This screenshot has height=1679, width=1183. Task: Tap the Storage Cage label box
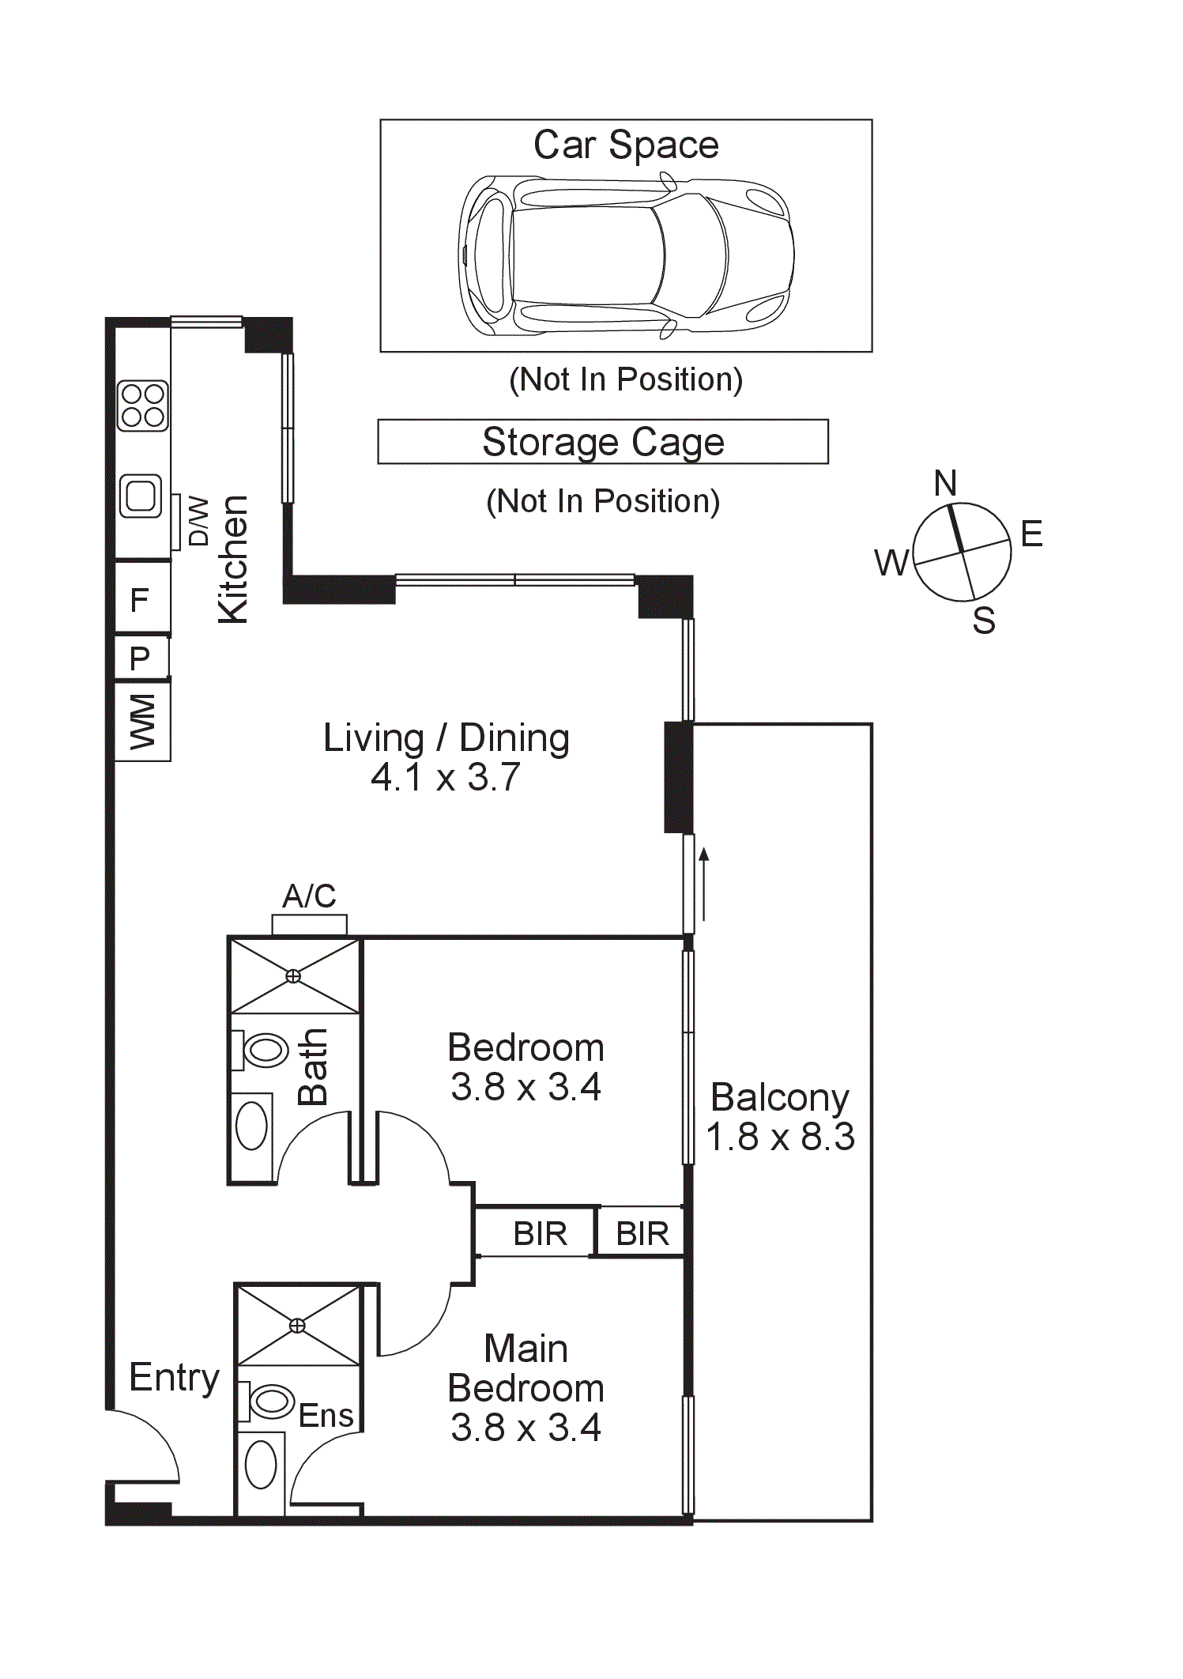click(x=603, y=441)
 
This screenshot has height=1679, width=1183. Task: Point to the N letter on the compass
click(x=945, y=483)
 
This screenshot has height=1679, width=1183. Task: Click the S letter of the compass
click(x=984, y=621)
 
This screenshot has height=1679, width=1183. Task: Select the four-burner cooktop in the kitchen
click(x=143, y=406)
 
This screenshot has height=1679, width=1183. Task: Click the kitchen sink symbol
click(x=141, y=496)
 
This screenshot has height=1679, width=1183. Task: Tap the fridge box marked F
click(x=142, y=598)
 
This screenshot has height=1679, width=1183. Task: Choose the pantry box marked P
click(x=142, y=657)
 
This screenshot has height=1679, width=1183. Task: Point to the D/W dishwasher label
click(x=198, y=522)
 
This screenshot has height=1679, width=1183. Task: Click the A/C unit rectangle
click(x=309, y=925)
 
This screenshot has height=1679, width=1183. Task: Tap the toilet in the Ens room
click(x=266, y=1401)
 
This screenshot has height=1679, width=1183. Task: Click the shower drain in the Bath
click(x=293, y=976)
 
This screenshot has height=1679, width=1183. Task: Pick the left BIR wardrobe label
click(x=541, y=1234)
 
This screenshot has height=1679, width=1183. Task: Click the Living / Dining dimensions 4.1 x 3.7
click(x=446, y=777)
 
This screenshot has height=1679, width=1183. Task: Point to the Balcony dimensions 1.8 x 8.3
click(x=780, y=1138)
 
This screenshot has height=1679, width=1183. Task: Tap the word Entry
click(x=175, y=1379)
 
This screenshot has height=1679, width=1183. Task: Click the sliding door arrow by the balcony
click(x=703, y=885)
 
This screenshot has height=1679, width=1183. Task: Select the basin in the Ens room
click(x=261, y=1465)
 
